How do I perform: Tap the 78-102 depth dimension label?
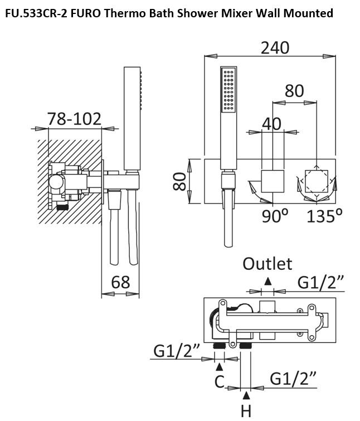click(x=74, y=119)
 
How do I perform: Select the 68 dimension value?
click(x=120, y=282)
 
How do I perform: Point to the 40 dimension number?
click(x=271, y=123)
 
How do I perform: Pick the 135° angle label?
click(x=324, y=215)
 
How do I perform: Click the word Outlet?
click(x=267, y=263)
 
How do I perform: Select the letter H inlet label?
click(x=246, y=411)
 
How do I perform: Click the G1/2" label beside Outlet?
click(x=320, y=282)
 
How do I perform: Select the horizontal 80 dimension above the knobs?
click(x=294, y=90)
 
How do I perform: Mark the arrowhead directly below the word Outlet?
click(x=268, y=280)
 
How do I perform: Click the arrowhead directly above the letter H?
click(x=246, y=395)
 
